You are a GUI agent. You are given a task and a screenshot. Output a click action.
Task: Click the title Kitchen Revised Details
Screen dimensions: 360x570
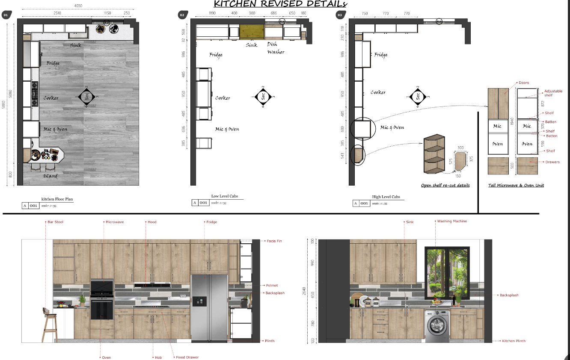pyautogui.click(x=280, y=4)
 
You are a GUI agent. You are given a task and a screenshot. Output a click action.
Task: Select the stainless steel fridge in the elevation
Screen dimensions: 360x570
pyautogui.click(x=209, y=308)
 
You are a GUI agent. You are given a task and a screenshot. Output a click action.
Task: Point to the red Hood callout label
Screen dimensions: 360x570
pyautogui.click(x=152, y=222)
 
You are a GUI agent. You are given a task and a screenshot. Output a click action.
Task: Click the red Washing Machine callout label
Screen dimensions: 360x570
pyautogui.click(x=452, y=221)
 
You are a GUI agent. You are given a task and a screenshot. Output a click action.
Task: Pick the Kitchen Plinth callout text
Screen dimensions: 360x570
pyautogui.click(x=514, y=341)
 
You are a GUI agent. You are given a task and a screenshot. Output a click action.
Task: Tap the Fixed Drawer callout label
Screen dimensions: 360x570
pyautogui.click(x=187, y=357)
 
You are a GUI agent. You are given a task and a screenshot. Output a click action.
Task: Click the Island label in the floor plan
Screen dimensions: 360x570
pyautogui.click(x=50, y=176)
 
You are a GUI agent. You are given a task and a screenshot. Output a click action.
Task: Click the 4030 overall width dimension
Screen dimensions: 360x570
pyautogui.click(x=78, y=6)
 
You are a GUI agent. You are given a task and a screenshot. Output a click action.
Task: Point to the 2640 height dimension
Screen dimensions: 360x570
pyautogui.click(x=304, y=291)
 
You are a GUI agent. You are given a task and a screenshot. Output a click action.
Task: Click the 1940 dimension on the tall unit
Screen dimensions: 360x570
pyautogui.click(x=511, y=122)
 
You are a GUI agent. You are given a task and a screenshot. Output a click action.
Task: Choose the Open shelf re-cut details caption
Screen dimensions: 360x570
pyautogui.click(x=445, y=185)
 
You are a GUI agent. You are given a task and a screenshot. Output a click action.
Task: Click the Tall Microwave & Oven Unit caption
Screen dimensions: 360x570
pyautogui.click(x=516, y=185)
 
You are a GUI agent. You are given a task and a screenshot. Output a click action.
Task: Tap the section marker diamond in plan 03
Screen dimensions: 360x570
pyautogui.click(x=417, y=96)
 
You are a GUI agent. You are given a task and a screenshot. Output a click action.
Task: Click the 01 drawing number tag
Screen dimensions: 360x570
pyautogui.click(x=6, y=15)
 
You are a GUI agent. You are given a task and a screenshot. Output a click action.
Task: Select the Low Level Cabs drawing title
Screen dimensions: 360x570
pyautogui.click(x=224, y=196)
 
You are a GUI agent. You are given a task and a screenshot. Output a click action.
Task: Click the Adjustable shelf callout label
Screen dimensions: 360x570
pyautogui.click(x=552, y=93)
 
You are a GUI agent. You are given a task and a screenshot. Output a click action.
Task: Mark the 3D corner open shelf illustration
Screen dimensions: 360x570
pyautogui.click(x=434, y=154)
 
